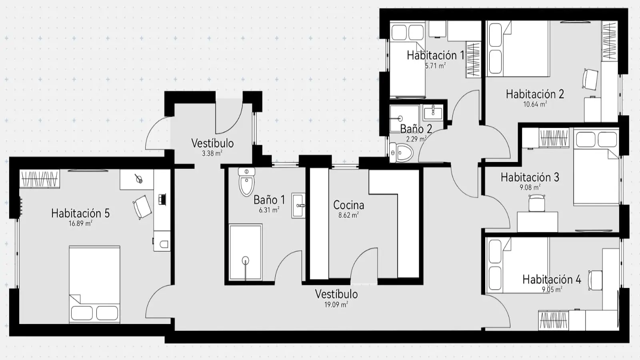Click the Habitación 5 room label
click(80, 213)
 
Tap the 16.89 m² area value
click(80, 223)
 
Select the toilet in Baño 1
click(246, 182)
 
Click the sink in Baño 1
click(298, 206)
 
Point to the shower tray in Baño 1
click(246, 252)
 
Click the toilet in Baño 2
click(401, 152)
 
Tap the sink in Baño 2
click(433, 112)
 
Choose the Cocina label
click(348, 205)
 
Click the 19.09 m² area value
click(336, 304)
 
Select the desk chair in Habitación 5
click(142, 207)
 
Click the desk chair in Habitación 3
click(536, 203)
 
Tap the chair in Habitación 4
click(595, 280)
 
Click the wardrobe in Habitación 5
click(40, 179)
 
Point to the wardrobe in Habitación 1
click(474, 60)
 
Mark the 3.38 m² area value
click(212, 153)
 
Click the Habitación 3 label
click(530, 177)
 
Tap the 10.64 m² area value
click(535, 104)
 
